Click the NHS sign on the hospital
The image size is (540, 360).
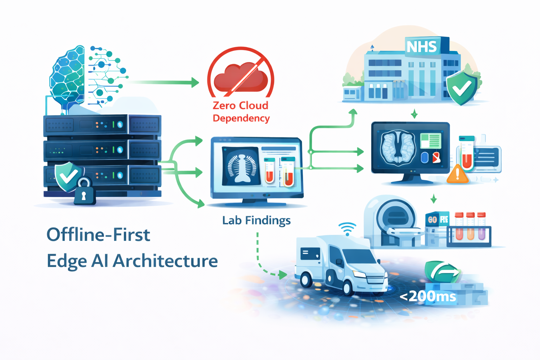422,46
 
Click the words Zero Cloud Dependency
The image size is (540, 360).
241,111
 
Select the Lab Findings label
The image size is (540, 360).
256,220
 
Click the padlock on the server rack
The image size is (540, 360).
84,192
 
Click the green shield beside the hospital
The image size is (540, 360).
462,88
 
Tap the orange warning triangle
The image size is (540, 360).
457,174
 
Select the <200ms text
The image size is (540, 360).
428,296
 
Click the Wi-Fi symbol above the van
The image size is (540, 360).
347,229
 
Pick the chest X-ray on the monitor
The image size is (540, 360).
241,165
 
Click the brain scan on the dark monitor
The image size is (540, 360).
397,148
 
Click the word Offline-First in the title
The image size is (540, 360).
98,235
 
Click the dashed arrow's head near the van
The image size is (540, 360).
283,274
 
